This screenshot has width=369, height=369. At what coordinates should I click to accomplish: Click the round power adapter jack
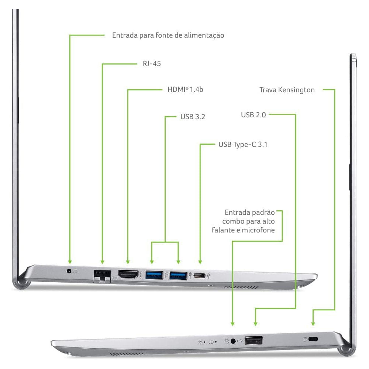coord(69,271)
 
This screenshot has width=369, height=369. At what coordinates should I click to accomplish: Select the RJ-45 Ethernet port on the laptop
coord(102,276)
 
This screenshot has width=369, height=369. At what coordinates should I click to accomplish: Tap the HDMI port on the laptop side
coord(128,275)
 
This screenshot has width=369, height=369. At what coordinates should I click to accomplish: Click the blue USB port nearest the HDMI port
coord(154,275)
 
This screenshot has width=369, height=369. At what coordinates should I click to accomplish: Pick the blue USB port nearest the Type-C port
coord(178,276)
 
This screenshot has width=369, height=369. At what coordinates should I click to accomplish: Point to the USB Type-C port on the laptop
coord(199,276)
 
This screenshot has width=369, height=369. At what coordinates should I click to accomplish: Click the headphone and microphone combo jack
coord(233,341)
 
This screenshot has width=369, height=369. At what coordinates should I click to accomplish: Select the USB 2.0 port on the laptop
coord(254,340)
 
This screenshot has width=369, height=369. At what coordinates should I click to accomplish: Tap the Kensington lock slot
coord(313,339)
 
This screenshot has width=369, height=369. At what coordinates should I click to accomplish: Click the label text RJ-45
coord(152,63)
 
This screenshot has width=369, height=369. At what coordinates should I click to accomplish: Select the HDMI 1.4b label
coord(185,89)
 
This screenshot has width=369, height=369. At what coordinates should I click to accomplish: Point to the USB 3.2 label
coord(193,117)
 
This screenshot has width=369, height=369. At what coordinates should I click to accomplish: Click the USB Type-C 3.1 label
coord(243,144)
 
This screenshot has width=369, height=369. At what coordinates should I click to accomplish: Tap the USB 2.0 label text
coord(254,115)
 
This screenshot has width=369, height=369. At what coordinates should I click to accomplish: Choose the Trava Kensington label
coord(287,90)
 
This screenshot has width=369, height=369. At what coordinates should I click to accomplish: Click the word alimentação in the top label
coord(204,35)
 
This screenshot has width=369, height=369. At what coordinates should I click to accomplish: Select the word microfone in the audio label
coord(258,230)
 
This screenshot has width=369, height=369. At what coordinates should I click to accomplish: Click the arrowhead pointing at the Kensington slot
coord(313,324)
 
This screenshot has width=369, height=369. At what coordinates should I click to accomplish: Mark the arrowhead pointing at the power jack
coord(70,262)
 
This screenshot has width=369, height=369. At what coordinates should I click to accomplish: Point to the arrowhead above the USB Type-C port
coord(200,262)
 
